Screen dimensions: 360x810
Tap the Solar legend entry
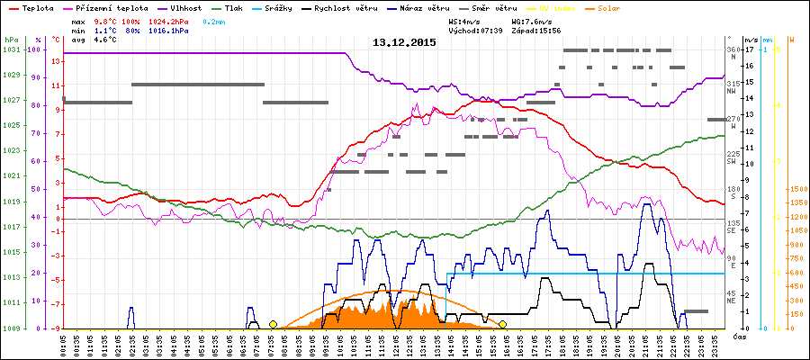click(621, 6)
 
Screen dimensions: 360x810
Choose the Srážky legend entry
click(278, 6)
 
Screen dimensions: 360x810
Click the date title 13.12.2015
click(404, 42)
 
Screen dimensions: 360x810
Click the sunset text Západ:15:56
click(536, 30)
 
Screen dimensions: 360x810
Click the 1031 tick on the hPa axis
click(11, 49)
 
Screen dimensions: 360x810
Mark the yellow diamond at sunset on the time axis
click(502, 324)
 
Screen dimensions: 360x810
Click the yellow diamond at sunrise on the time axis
click(273, 324)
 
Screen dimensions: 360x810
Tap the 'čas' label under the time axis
click(738, 337)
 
